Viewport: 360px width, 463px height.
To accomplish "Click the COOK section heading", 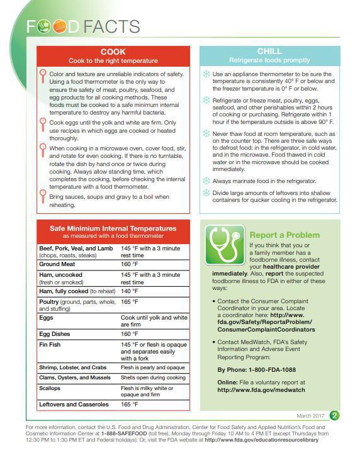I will coord(113,52).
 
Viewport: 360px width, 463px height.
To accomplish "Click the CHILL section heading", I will coord(269,52).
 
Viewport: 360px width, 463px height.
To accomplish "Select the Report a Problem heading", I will coord(284,235).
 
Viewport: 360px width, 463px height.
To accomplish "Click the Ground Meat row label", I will coord(58,265).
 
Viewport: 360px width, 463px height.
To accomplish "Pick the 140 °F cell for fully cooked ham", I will coord(130,291).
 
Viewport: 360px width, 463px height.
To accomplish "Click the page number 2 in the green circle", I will coord(335,415).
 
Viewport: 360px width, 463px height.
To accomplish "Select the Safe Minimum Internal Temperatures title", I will coord(113,228).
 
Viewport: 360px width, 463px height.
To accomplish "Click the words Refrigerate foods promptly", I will coord(269,60).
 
